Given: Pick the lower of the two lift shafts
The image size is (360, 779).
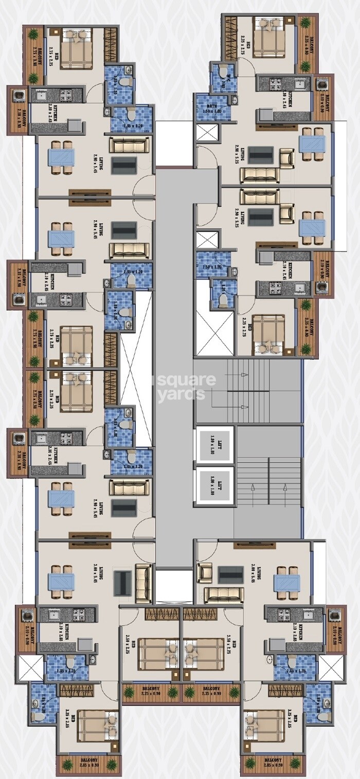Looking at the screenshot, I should tap(214, 486).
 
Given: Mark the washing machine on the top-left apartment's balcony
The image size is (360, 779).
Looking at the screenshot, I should tap(19, 96).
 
